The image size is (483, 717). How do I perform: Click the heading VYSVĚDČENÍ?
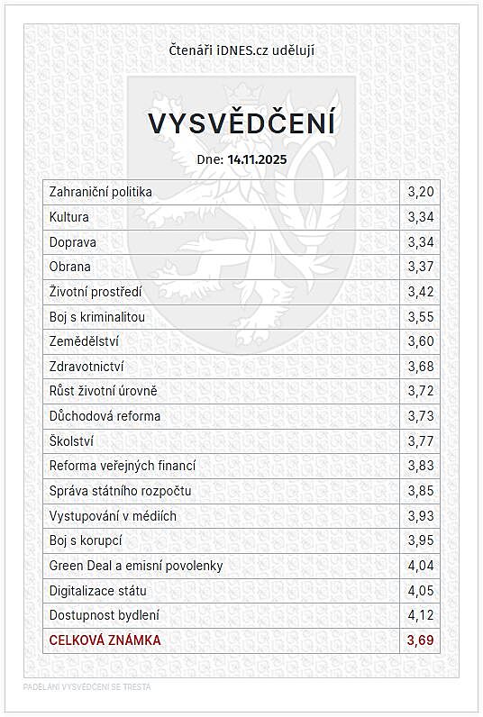[x=241, y=123]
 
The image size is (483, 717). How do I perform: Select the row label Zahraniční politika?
[x=101, y=192]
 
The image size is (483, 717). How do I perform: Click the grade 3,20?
[x=421, y=192]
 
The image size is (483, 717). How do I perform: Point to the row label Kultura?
[x=69, y=217]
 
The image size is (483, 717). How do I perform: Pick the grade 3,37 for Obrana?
[x=421, y=267]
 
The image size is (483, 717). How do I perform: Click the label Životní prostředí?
[x=96, y=292]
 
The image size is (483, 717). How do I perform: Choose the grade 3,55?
[x=421, y=317]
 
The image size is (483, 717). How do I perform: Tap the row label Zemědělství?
[x=85, y=341]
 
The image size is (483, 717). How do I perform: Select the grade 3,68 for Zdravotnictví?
[x=421, y=367]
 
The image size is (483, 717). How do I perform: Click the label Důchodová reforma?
[x=105, y=416]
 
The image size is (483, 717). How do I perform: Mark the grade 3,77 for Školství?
[x=421, y=441]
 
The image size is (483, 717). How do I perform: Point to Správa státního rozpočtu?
[x=120, y=491]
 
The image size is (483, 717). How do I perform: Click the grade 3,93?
[x=421, y=516]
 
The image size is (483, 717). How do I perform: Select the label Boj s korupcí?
[x=86, y=540]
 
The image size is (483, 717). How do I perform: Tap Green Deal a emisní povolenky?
[x=136, y=566]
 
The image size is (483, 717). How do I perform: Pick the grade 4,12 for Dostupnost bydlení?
[x=421, y=615]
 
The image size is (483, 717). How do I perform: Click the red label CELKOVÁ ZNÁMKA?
[x=105, y=640]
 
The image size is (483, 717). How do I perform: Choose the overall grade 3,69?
[x=421, y=640]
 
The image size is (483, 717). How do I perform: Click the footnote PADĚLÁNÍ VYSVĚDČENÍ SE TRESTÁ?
[x=87, y=686]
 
